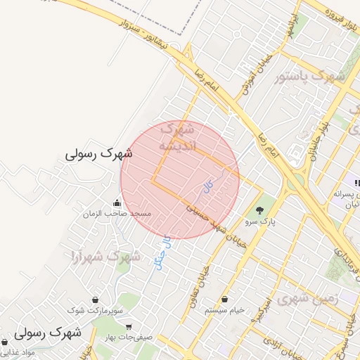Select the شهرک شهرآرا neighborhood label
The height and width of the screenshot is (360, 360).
98,257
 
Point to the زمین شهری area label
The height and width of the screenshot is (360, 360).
307,298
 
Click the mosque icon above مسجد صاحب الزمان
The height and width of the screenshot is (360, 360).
116,203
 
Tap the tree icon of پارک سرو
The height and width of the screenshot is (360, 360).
260,210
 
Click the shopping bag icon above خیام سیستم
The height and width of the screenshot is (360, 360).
224,300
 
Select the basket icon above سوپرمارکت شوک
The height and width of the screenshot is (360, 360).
95,300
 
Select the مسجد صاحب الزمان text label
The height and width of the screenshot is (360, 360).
117,213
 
